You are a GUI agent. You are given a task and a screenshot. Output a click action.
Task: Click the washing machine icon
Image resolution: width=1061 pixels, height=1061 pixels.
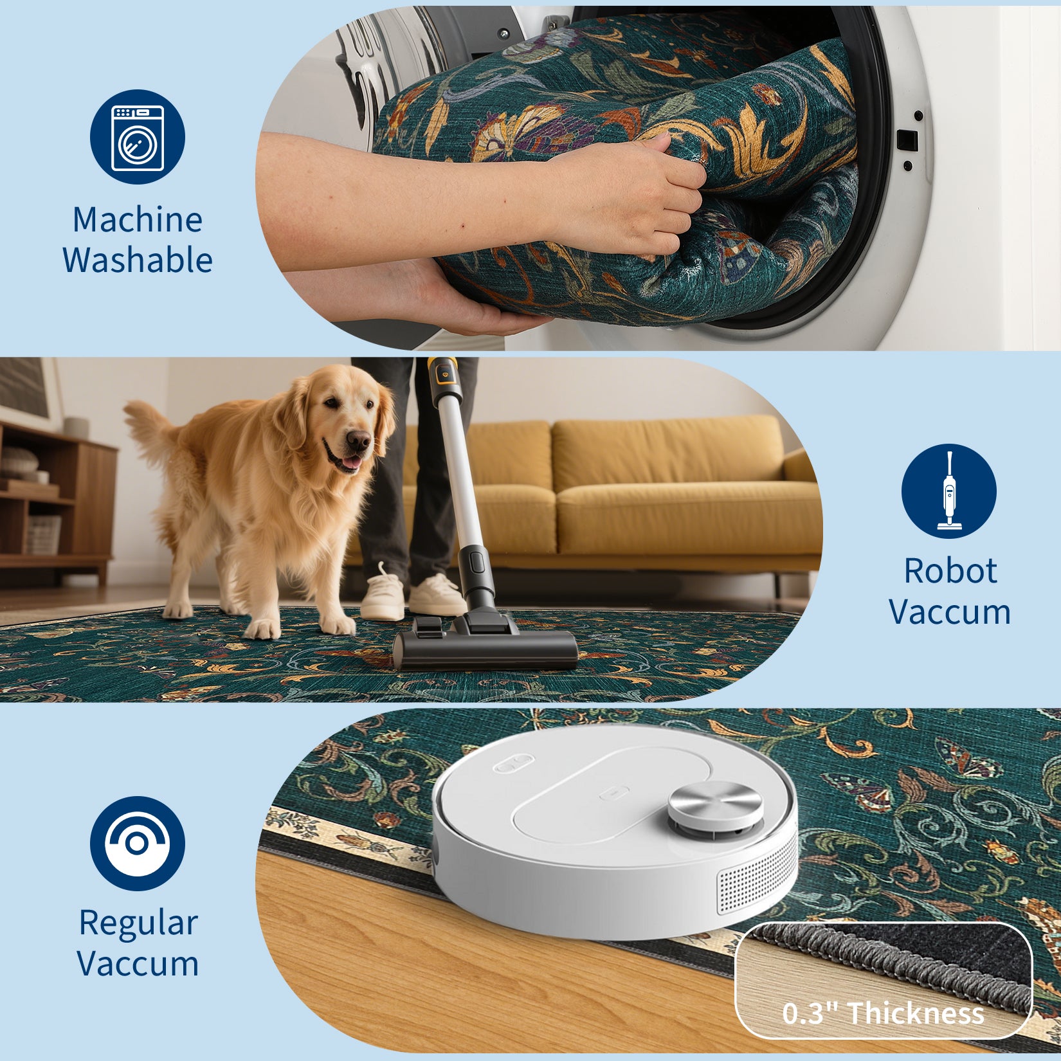click(x=138, y=137)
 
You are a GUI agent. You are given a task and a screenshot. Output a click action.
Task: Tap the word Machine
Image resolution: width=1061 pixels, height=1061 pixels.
click(x=138, y=220)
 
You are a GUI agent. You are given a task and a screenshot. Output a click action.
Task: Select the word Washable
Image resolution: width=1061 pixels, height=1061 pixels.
click(x=138, y=260)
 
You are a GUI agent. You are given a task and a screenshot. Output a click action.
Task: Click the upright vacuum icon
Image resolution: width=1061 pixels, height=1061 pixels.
click(x=948, y=491)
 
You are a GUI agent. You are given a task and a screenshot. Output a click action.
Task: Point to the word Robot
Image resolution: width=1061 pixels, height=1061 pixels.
click(x=950, y=571)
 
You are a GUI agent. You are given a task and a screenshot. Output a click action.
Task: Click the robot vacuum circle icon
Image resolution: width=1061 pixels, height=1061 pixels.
click(x=138, y=843)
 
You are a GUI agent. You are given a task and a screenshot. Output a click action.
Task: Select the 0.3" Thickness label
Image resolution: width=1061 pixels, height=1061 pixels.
click(x=883, y=1013)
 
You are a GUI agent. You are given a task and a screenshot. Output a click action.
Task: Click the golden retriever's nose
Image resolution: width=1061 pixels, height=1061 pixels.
click(x=359, y=440)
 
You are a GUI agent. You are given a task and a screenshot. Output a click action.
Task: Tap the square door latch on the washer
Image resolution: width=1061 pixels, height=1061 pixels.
click(x=907, y=138)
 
